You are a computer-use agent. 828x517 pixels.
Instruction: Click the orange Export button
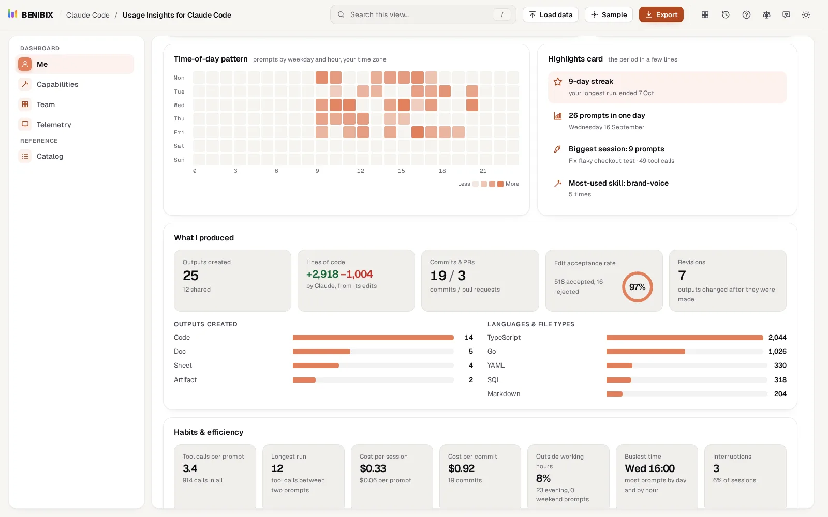661,15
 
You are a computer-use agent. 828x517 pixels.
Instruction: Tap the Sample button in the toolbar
609,15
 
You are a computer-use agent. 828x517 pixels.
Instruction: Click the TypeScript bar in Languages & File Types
685,338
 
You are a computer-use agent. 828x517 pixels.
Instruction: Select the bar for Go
645,352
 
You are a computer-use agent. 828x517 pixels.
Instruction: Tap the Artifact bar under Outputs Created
304,380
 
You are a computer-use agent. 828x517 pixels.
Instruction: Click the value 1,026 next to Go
777,352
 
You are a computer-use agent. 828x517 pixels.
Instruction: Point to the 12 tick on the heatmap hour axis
360,171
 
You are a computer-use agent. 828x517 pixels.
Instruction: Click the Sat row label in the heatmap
179,146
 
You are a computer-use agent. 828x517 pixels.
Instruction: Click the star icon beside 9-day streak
558,82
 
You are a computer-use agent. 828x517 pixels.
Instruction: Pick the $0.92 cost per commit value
461,468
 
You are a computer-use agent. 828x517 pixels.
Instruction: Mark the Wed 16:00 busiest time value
649,468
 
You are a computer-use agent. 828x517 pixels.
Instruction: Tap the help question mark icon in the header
746,15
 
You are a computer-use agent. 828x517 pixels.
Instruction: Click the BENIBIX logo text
37,15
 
